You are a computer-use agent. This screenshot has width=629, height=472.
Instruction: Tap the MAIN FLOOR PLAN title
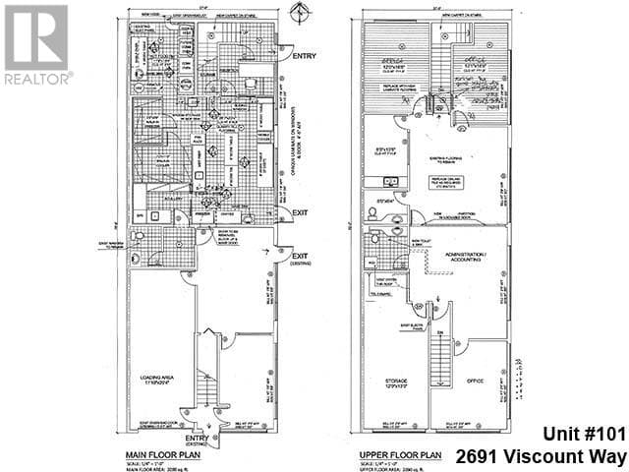point(165,454)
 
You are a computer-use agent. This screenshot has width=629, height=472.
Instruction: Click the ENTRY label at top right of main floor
point(304,57)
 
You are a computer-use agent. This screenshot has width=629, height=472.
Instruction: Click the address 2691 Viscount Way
point(542,456)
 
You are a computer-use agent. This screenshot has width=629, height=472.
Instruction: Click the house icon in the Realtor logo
point(36,36)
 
